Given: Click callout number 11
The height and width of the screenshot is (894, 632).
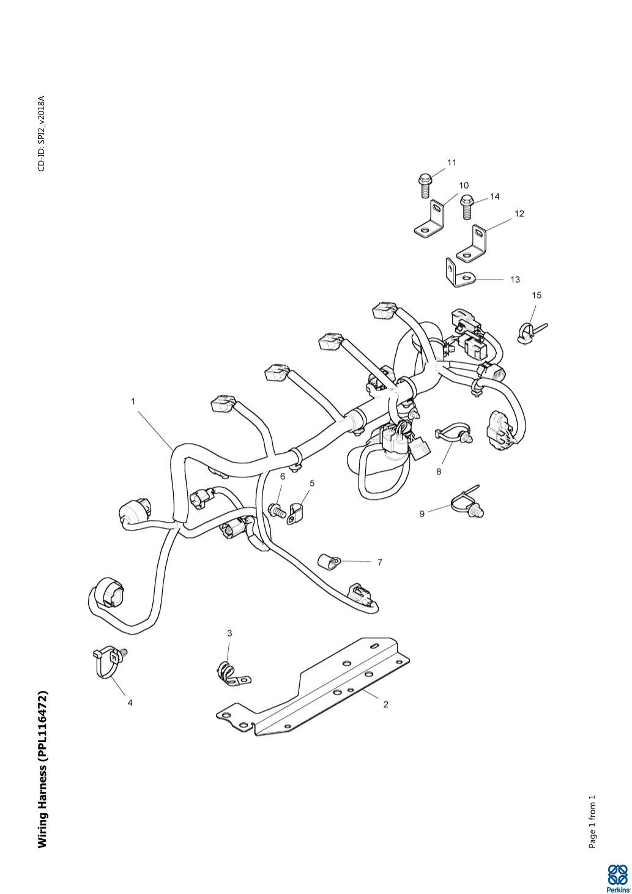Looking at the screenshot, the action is pos(452,162).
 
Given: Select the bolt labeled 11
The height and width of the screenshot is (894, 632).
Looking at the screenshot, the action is pos(425,185).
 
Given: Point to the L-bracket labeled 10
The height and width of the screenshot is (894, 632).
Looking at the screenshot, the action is pos(429,219).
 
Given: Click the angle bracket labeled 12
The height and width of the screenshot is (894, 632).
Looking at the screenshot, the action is pos(471,244).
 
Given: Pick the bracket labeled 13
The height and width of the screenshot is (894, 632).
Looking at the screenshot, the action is pos(459,274).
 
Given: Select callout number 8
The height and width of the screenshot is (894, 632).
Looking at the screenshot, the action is pos(439,471).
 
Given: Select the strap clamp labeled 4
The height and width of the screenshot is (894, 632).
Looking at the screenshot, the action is pos(108,661).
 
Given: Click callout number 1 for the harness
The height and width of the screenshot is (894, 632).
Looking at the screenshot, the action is pos(133,401).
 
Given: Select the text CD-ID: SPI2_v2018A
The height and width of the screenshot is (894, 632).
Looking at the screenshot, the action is pos(42,133).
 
